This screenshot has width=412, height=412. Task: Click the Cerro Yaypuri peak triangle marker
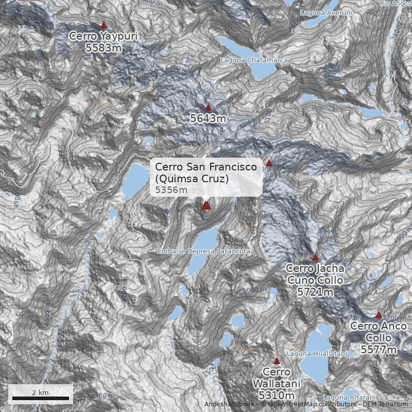[x=104, y=25]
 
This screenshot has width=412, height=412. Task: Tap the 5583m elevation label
[x=104, y=48]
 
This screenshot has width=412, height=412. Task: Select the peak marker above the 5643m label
[x=209, y=108]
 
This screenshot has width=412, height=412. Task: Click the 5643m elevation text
[x=209, y=119]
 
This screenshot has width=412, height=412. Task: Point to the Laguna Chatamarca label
[x=254, y=60]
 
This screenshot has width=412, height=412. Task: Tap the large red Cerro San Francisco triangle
[x=207, y=205]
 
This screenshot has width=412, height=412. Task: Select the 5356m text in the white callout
[x=171, y=190]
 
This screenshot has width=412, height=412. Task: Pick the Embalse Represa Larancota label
[x=203, y=251]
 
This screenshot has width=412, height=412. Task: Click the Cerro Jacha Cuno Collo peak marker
[x=316, y=257]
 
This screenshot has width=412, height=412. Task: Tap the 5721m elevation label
[x=315, y=291]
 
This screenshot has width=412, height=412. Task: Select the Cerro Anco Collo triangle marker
[x=379, y=315]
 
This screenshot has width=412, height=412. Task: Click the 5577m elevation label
[x=379, y=350]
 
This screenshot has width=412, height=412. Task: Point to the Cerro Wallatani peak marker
[x=277, y=361]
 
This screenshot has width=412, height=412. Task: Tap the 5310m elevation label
[x=277, y=396]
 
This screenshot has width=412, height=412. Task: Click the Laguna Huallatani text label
[x=317, y=353]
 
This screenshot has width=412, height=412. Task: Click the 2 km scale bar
[x=40, y=398]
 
